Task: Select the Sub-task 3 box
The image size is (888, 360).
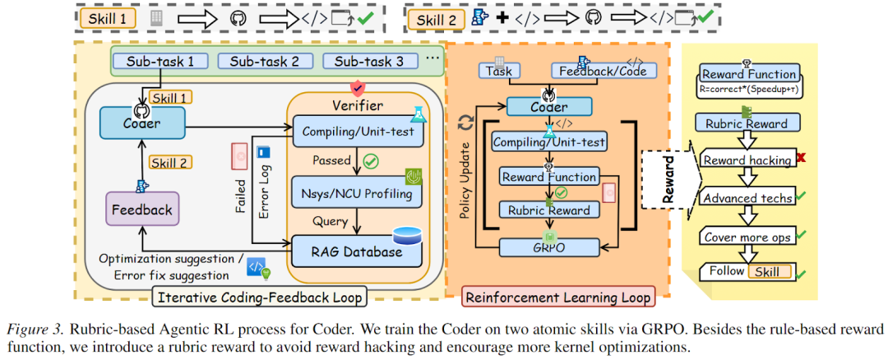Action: coord(363,61)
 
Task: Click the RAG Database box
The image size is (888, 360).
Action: coord(356,252)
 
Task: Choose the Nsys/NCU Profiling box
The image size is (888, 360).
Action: coord(356,195)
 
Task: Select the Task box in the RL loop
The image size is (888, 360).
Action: coord(499,71)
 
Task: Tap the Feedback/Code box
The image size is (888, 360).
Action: coord(598,71)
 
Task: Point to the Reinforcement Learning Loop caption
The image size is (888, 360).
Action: coord(559,297)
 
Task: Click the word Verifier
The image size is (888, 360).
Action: coord(356,105)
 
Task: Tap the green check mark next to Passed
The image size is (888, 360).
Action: coord(369,162)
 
